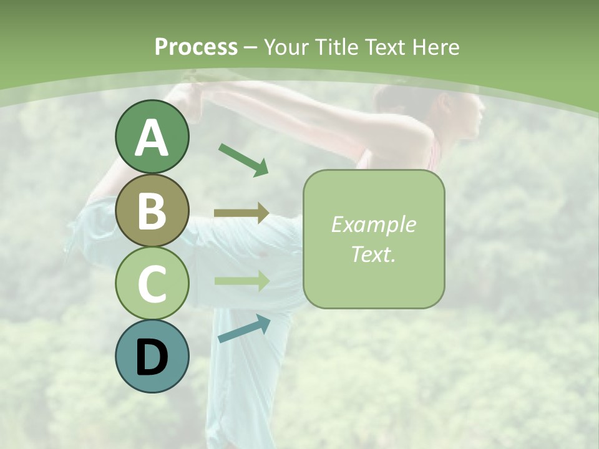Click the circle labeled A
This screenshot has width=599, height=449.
click(152, 137)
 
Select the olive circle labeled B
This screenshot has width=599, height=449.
click(152, 210)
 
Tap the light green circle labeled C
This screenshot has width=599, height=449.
click(152, 283)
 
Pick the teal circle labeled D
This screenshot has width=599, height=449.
click(152, 356)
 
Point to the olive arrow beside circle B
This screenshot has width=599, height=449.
click(241, 213)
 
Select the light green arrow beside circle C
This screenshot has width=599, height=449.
click(241, 281)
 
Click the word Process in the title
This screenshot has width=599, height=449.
click(196, 47)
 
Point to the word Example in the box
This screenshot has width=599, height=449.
click(373, 224)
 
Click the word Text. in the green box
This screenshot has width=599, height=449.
click(373, 254)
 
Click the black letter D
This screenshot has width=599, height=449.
click(152, 358)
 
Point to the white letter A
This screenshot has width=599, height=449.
click(152, 138)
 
